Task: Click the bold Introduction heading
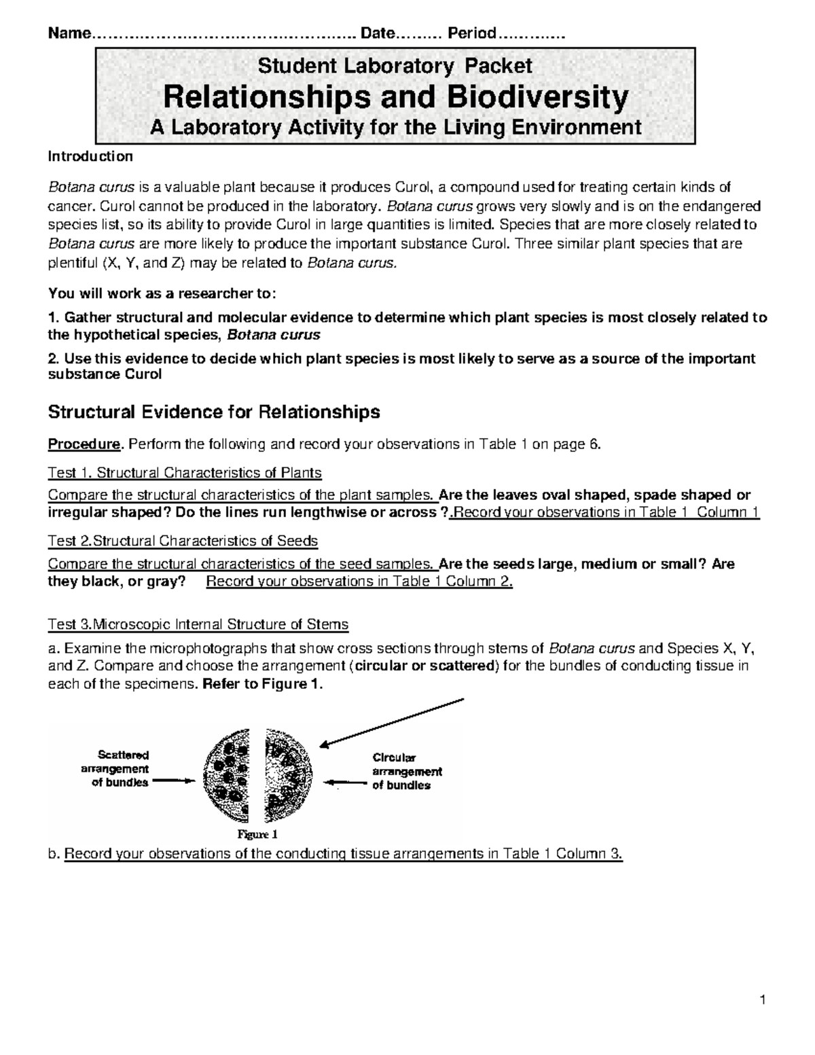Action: (x=90, y=157)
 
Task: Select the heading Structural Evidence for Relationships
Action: (x=213, y=412)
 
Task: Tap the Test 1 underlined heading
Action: (x=184, y=472)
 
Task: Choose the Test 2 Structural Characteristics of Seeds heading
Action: (x=182, y=541)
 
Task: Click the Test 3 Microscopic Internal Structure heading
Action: (x=198, y=624)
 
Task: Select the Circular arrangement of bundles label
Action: (x=406, y=771)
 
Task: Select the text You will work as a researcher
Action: (x=162, y=293)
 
